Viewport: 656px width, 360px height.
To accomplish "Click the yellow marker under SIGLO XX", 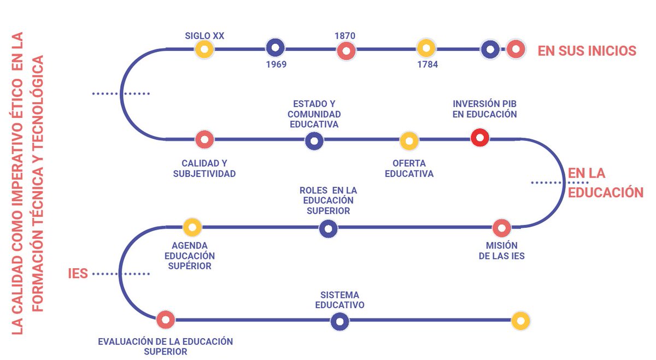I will (x=204, y=50).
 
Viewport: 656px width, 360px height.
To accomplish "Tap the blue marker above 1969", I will (x=275, y=48).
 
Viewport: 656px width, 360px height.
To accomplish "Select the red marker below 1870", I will (x=345, y=51).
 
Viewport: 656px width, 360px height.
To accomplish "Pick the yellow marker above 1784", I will (x=426, y=48).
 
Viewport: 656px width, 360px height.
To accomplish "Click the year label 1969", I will (x=276, y=64).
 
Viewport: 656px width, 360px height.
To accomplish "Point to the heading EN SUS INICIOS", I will (x=587, y=51).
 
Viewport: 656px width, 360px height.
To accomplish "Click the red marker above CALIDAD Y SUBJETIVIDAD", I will (x=204, y=139).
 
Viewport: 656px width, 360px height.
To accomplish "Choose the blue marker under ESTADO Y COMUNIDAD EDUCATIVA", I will (x=314, y=141).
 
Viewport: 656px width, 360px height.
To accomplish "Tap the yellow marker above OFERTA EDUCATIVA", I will (x=409, y=141).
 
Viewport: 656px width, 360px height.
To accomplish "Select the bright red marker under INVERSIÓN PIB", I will (x=479, y=138).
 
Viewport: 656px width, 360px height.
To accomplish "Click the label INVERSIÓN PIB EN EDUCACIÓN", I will (x=484, y=109).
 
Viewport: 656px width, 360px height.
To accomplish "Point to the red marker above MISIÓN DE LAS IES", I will (x=501, y=228).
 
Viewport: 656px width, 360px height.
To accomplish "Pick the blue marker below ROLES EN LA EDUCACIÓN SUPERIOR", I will (x=328, y=229).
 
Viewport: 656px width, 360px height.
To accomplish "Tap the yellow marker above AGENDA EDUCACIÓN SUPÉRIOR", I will (x=192, y=227).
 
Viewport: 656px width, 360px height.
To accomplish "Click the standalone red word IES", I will (x=78, y=273).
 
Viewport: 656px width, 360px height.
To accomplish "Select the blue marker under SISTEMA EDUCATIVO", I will (x=340, y=321).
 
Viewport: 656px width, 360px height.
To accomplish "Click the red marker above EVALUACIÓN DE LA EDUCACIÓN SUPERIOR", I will (x=165, y=320).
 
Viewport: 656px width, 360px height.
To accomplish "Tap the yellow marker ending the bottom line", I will (x=520, y=321).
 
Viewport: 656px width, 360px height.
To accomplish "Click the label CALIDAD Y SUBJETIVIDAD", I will (x=204, y=169).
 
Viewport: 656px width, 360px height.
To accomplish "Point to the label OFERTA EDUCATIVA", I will (x=409, y=169).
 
